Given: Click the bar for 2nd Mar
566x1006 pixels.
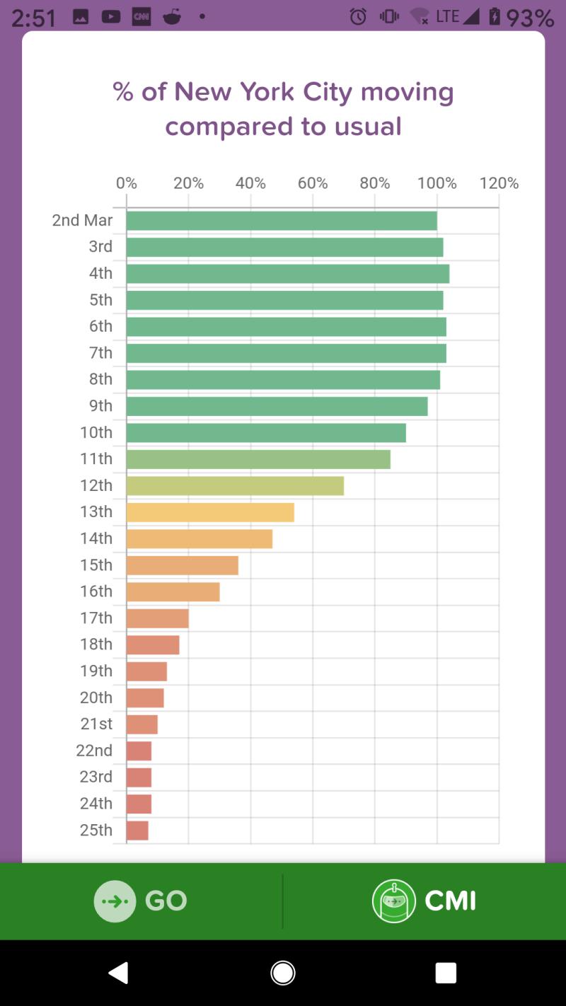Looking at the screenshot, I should (282, 221).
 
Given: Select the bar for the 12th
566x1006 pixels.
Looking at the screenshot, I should (235, 486).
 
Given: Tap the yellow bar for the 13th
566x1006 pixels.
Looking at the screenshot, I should (210, 512).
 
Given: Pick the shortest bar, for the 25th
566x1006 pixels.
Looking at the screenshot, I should (137, 831).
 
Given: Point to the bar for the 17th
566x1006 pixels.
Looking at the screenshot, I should (158, 618).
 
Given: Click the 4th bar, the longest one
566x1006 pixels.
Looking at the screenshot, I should (288, 274).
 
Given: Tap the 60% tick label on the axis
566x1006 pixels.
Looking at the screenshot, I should (313, 183).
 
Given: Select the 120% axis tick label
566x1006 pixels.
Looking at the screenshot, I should (499, 183).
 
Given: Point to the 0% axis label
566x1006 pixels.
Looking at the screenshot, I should (127, 183).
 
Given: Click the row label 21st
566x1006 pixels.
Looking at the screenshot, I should (96, 724).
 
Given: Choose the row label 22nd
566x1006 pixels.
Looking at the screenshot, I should (94, 751).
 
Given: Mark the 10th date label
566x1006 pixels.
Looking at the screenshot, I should (96, 432).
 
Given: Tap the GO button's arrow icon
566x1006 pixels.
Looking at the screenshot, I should (115, 901).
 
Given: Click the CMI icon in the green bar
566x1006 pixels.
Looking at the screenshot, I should (393, 901).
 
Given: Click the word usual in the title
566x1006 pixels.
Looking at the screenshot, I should (368, 127).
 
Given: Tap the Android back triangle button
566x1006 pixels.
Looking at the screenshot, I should (118, 973).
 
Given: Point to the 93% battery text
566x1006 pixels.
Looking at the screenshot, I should (529, 17).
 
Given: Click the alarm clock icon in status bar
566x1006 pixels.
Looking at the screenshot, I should (359, 16).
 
